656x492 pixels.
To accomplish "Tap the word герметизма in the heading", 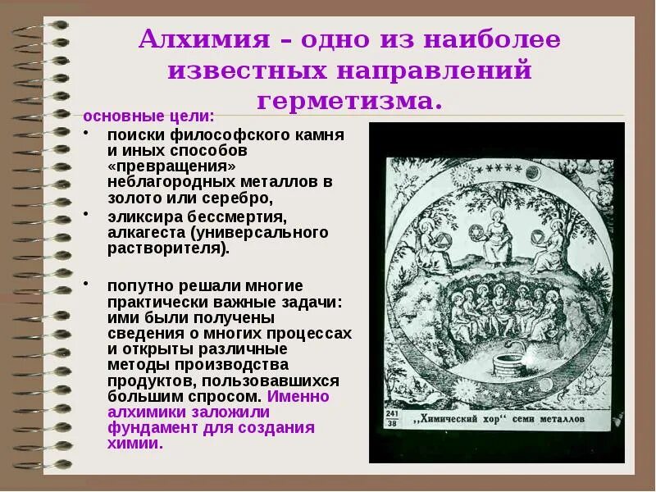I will pos(350,101).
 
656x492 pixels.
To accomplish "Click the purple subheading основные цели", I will pos(149,115).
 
